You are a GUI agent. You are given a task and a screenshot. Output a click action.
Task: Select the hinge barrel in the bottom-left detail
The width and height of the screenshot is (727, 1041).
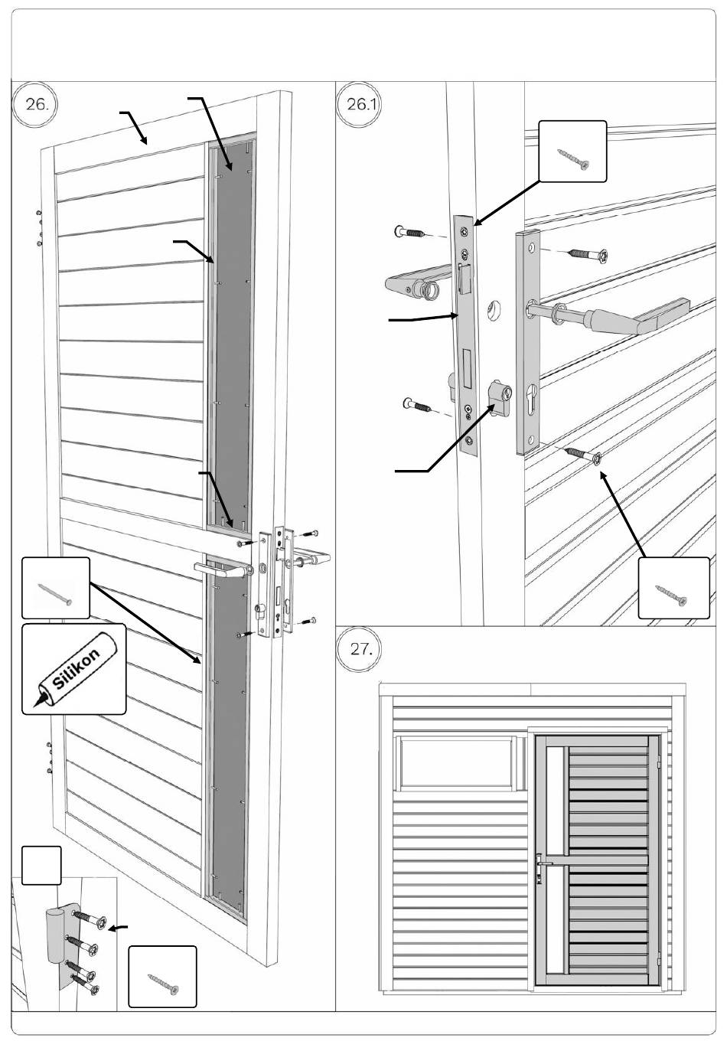point(55,935)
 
